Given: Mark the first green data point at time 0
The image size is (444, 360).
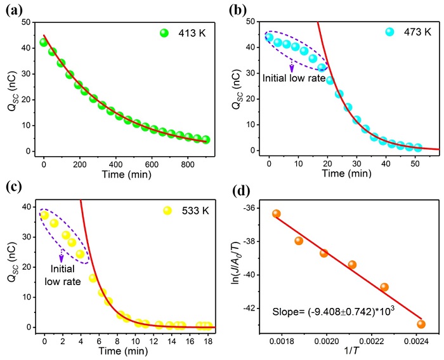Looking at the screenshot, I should (44, 43).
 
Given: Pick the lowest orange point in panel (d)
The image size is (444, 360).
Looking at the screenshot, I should (421, 324).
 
